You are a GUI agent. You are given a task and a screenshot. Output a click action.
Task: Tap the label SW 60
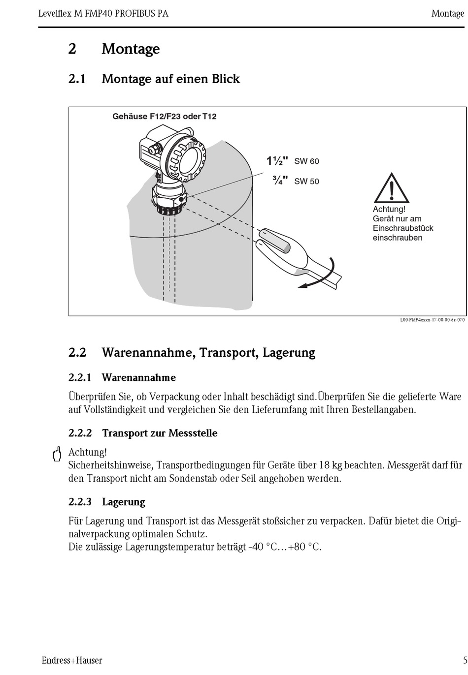coord(306,161)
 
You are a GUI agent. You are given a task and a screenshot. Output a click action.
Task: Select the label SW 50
coord(306,182)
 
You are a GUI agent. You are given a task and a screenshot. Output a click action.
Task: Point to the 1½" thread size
coord(277,161)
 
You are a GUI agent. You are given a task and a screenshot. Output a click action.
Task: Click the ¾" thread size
coord(280,181)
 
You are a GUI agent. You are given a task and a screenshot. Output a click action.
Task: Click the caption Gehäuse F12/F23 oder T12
coord(165,117)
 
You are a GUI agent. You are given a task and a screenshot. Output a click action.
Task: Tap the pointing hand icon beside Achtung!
coord(57,454)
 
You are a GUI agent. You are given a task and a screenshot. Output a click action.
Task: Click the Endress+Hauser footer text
coord(72,660)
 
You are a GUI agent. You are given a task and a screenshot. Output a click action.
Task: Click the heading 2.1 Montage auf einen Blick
coord(154,79)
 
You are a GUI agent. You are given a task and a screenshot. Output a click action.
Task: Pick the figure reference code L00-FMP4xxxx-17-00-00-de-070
coord(432,320)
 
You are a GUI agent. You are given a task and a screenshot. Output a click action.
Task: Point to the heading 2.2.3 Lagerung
coord(107,502)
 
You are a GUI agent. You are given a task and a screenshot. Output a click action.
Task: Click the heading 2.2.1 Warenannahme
coord(122,378)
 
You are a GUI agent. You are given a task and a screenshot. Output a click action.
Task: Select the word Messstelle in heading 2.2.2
coord(193,433)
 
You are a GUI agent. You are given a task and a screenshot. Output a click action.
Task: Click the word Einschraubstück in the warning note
coord(403,228)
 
